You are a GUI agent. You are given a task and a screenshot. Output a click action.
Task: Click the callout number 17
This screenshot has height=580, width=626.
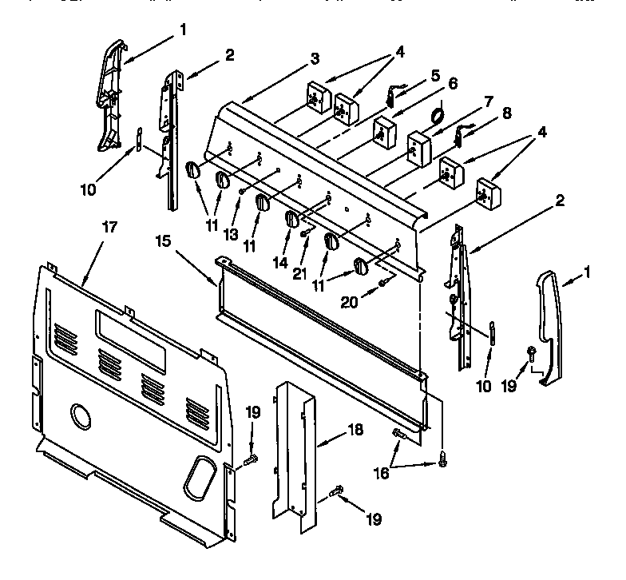(109, 227)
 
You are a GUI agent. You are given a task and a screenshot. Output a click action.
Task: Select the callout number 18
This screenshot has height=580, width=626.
(355, 430)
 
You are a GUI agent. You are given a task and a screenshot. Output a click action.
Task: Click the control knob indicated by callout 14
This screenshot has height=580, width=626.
(293, 219)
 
